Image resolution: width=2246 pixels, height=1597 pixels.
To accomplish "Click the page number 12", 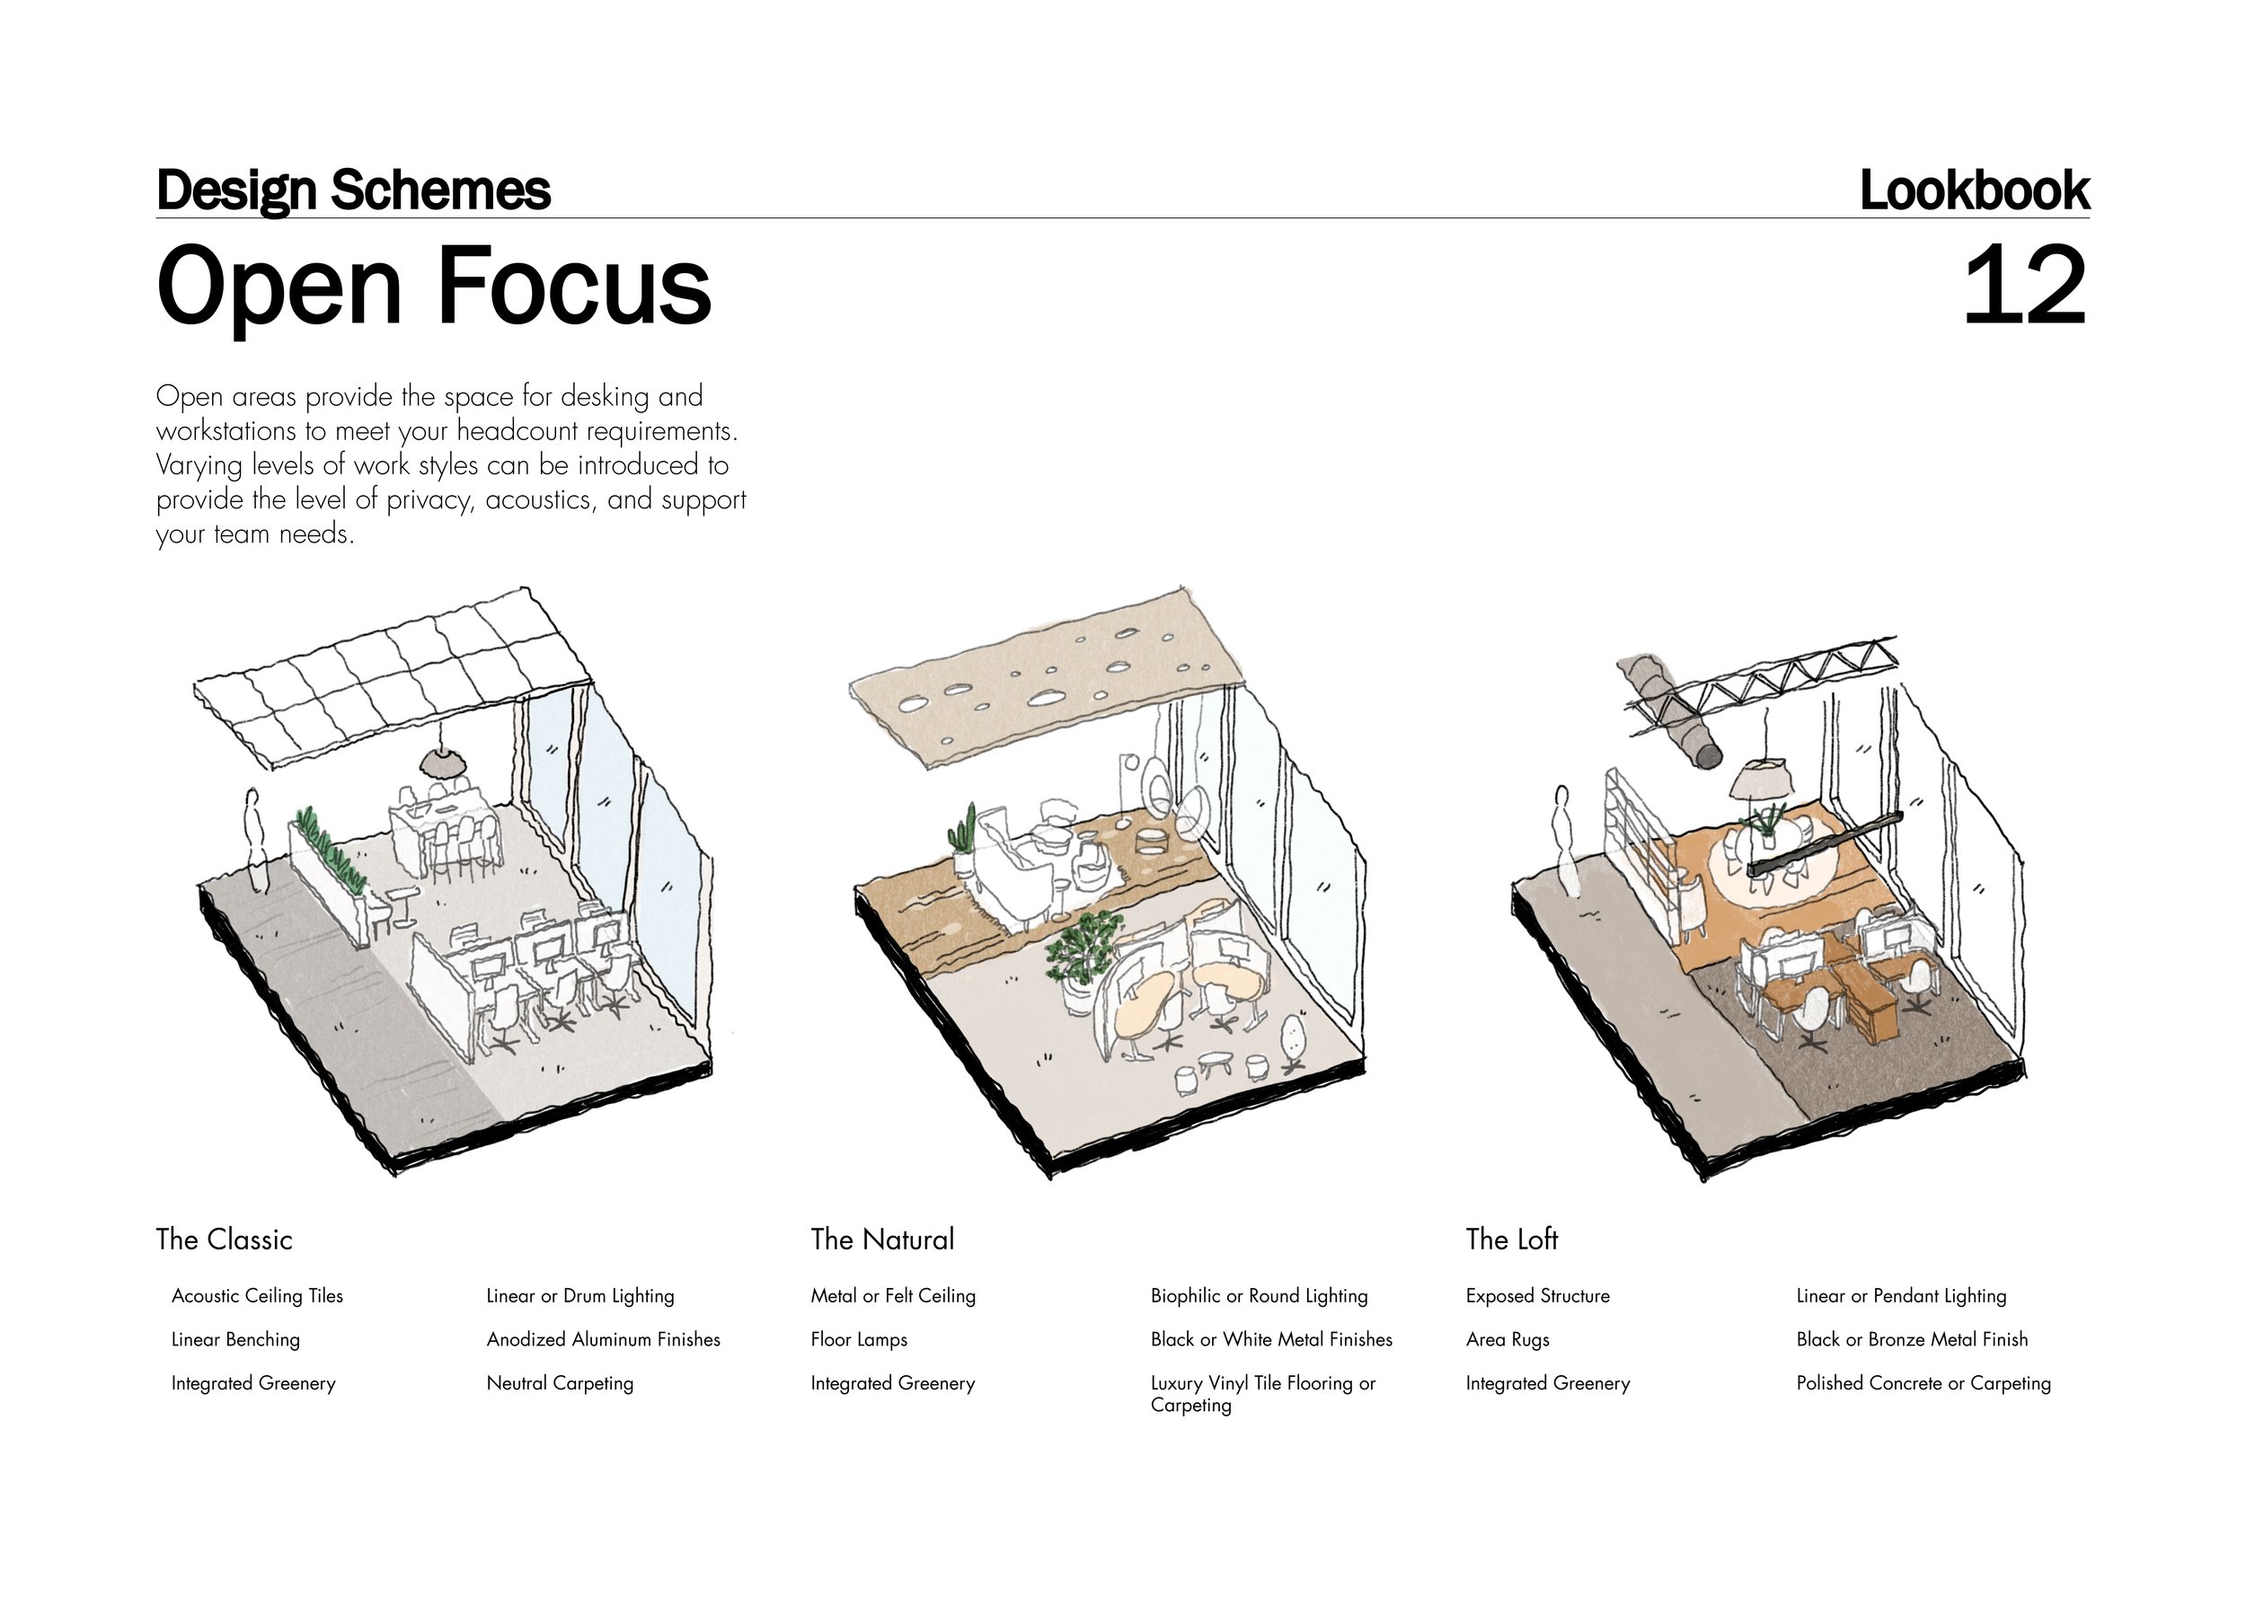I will (x=2023, y=287).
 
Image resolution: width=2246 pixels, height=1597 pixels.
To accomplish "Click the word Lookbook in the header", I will (x=1974, y=190).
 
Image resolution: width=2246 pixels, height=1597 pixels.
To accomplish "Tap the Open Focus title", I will (x=433, y=287).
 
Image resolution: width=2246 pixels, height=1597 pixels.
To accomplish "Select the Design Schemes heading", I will (x=353, y=190).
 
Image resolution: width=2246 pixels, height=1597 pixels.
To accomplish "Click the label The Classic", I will (x=225, y=1239).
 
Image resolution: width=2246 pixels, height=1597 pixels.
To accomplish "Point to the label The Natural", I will (x=882, y=1239).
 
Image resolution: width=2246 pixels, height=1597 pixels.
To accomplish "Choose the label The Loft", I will (x=1511, y=1239).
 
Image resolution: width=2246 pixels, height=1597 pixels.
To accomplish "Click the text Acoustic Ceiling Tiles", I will (x=257, y=1296).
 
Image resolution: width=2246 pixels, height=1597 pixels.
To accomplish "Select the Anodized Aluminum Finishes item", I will (x=603, y=1339).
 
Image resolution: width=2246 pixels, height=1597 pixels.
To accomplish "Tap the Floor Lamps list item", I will (x=859, y=1339).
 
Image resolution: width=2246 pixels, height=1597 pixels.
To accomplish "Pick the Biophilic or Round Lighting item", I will (x=1259, y=1296).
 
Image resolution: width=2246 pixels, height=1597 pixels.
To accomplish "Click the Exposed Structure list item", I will (x=1537, y=1296).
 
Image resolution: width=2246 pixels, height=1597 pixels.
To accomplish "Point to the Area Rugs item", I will (x=1507, y=1339).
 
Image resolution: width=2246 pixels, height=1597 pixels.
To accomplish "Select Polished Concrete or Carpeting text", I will (x=1923, y=1382).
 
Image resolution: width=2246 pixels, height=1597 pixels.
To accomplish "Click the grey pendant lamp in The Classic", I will (x=444, y=761).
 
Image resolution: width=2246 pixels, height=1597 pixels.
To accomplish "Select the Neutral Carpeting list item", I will (x=560, y=1382).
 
